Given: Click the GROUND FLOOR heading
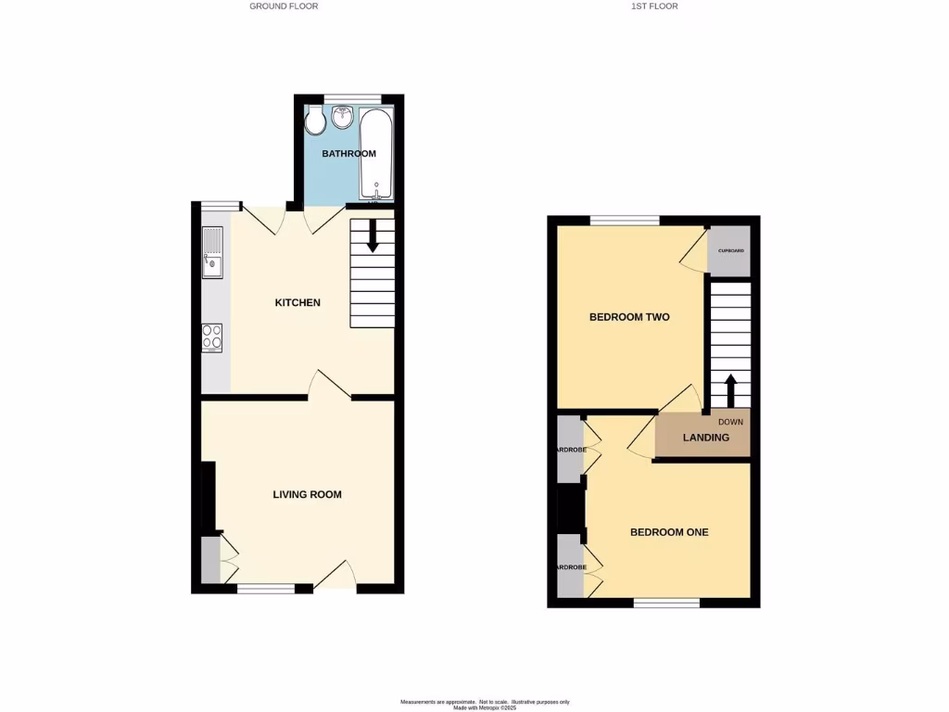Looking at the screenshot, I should coord(284,6).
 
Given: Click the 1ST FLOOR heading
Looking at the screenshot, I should coord(655,6).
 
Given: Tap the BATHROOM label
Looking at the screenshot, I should coord(348,153).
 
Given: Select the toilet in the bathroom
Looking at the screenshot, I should coord(314,121).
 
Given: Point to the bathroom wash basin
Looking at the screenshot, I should coord(343,118).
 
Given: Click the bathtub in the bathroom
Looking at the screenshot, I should coord(376,153).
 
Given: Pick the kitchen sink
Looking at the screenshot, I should coord(213,252).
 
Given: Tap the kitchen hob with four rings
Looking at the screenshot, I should coord(212,337).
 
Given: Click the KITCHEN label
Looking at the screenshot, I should coord(297,303).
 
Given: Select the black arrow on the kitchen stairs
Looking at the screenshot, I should coord(373,236).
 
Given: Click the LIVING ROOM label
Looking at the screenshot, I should coord(307,495).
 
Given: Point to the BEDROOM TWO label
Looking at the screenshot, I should coord(629,317).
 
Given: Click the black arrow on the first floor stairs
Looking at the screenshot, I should coord(730,389).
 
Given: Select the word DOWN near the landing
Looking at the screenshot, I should coord(731,422).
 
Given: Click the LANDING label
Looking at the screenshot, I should coord(705,438).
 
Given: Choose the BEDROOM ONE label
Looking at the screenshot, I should coord(669,532).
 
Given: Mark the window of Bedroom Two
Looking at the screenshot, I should coord(625,221).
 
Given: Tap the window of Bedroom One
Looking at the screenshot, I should coord(666,603).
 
